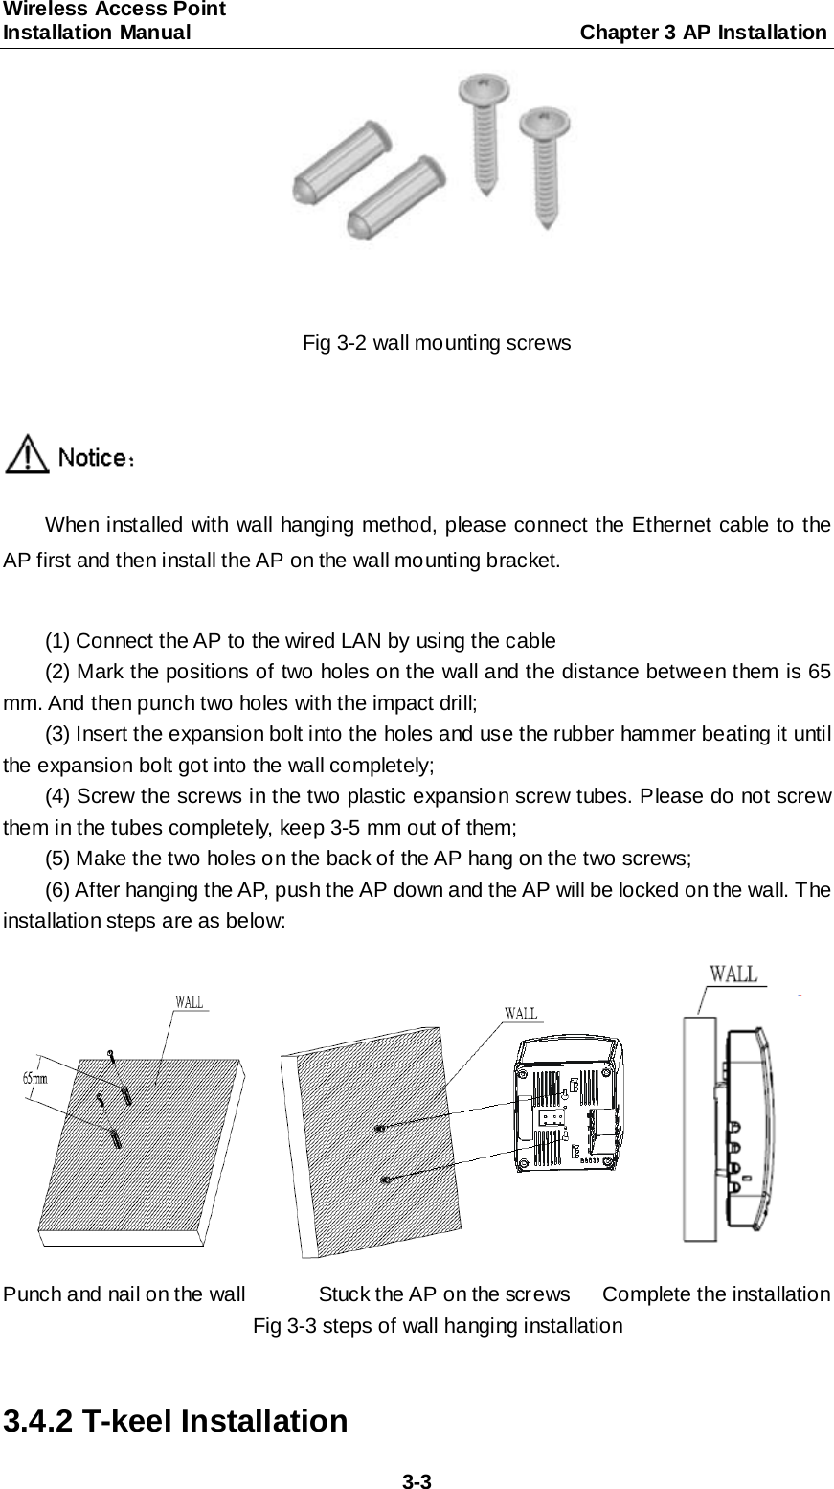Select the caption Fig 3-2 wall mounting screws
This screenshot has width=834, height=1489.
tap(437, 342)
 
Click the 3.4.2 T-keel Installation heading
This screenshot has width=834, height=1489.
tap(175, 1419)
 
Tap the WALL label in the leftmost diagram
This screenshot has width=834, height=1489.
tap(189, 1002)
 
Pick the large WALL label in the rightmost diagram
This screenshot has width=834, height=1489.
tap(733, 974)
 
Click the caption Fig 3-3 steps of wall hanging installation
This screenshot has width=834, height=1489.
tap(437, 1326)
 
